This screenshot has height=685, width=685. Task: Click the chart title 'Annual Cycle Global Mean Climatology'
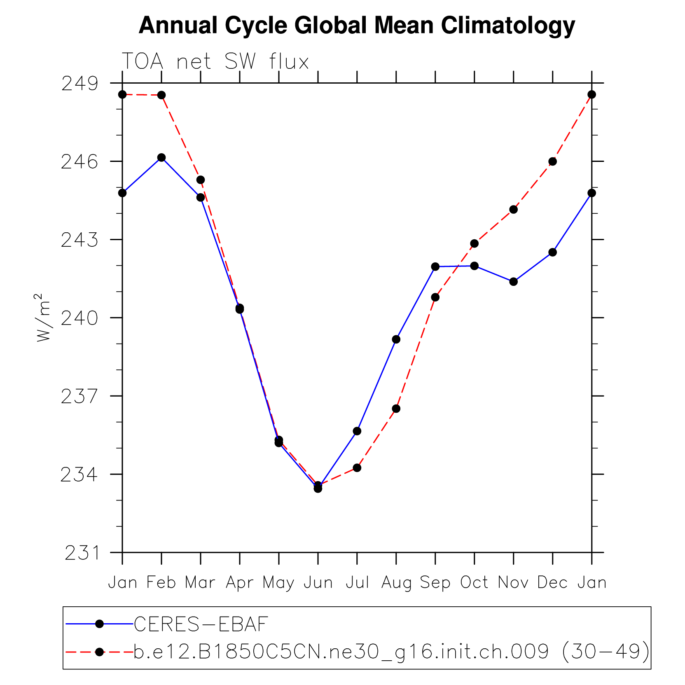pos(357,26)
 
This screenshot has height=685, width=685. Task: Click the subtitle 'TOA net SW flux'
pos(215,62)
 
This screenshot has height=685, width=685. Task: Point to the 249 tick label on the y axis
pos(80,84)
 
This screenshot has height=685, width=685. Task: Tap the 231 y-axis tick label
pos(82,553)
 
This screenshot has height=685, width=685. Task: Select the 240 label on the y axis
pos(80,318)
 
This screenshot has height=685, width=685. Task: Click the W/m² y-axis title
pos(43,318)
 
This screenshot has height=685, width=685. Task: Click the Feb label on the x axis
pos(161,583)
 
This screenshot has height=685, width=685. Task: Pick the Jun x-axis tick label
pos(318,583)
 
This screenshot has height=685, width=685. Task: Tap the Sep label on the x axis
pos(435,583)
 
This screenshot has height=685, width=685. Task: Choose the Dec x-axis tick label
pos(552,583)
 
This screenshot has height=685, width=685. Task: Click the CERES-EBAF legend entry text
pos(201,624)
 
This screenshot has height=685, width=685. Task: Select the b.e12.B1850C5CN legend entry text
pos(392,652)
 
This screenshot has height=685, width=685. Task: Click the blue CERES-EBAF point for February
pos(161,158)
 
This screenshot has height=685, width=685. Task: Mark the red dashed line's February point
pos(161,95)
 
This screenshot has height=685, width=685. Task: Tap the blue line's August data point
pos(396,339)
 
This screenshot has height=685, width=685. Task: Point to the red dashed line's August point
pos(396,409)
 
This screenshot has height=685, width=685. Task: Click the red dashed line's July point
pos(357,468)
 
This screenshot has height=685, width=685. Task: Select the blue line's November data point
pos(513,282)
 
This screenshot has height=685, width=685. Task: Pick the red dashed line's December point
pos(553,161)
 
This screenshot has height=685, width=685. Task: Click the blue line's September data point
pos(435,267)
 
